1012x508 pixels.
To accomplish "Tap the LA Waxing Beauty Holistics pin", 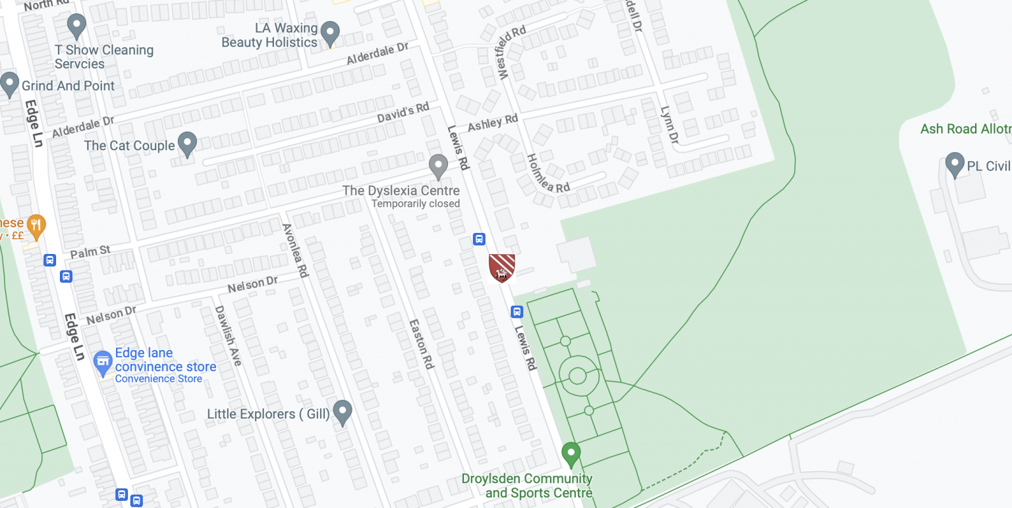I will [329, 32].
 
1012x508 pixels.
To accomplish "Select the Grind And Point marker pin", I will [9, 84].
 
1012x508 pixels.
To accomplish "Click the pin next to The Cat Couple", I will [188, 144].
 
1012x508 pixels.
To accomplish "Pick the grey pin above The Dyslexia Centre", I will [438, 166].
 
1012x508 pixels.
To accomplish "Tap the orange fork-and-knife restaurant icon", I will [36, 226].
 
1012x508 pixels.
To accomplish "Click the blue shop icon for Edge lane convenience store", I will [102, 361].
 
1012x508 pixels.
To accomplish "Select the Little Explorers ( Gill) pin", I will [342, 413].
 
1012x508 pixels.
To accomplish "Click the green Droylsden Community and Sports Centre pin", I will [571, 453].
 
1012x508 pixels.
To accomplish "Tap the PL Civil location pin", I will [955, 165].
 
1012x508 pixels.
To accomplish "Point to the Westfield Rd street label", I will [513, 53].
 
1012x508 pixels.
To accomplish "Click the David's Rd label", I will [403, 113].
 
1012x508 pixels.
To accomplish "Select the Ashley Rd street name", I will [493, 123].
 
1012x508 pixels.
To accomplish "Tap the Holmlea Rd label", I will [548, 174].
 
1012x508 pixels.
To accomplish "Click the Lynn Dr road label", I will [669, 125].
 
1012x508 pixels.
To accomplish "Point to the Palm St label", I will [90, 252].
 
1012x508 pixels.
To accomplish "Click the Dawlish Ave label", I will [228, 335].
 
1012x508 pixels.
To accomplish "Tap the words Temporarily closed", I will [416, 204].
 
